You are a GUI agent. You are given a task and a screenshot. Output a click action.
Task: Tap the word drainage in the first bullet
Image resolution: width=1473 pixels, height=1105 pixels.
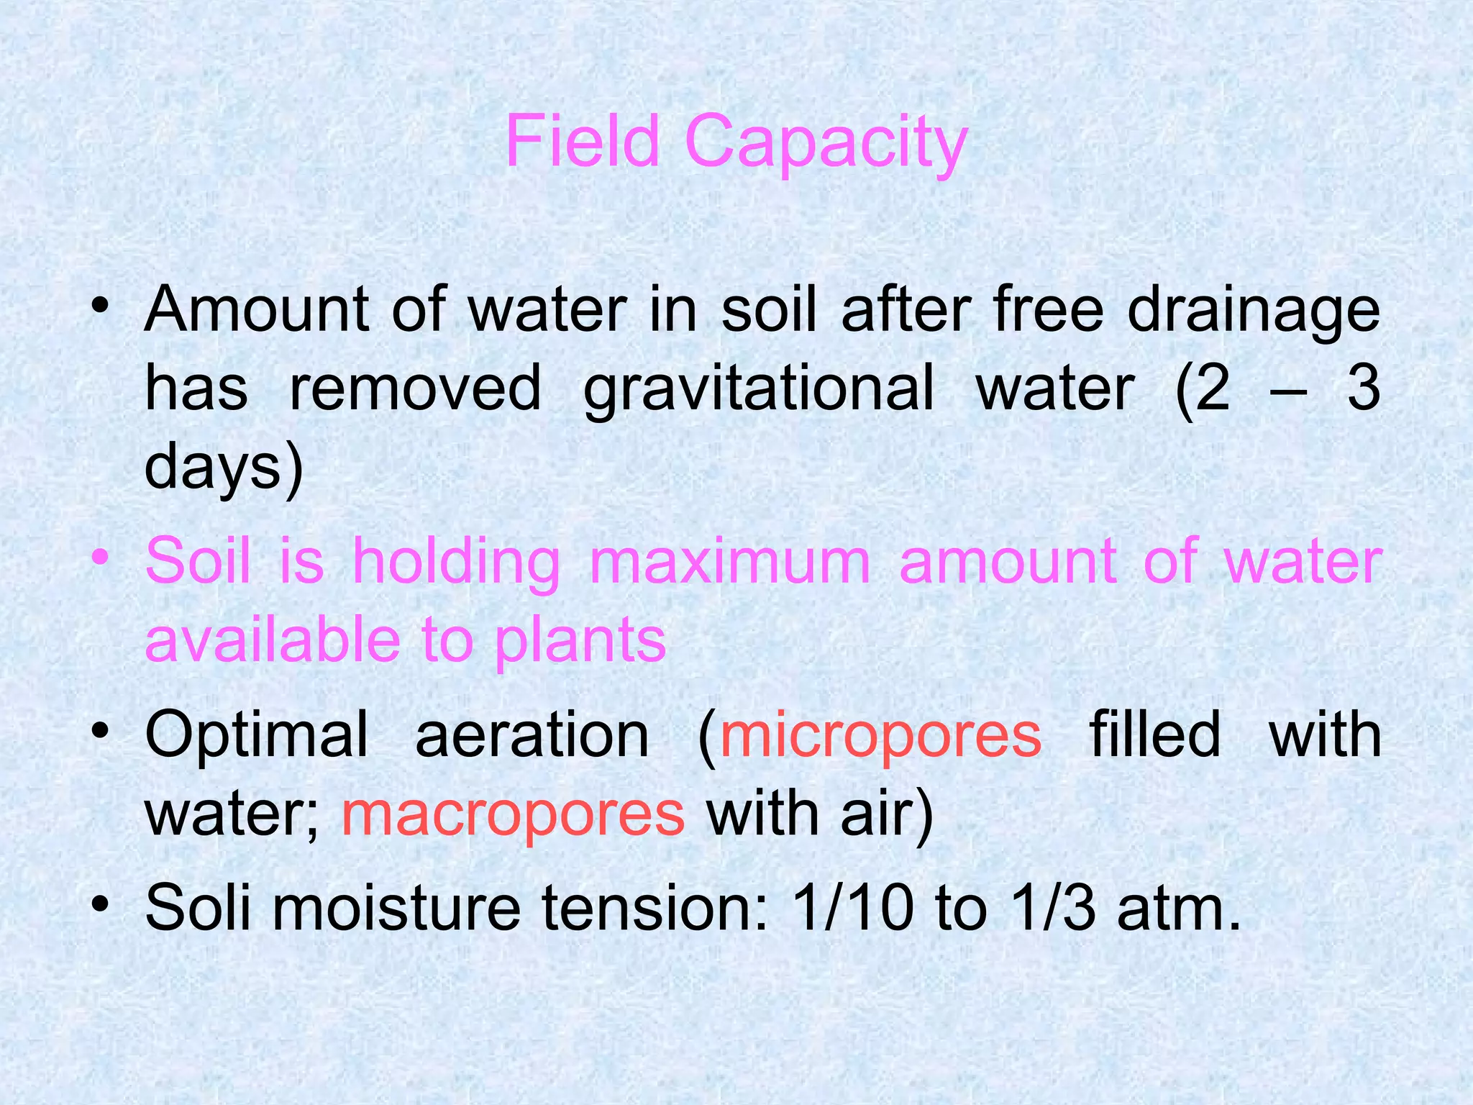pyautogui.click(x=1253, y=311)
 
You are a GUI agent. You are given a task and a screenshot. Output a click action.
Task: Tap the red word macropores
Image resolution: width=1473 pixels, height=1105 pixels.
pyautogui.click(x=513, y=814)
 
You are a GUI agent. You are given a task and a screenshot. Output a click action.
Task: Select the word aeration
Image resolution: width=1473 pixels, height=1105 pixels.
pyautogui.click(x=532, y=735)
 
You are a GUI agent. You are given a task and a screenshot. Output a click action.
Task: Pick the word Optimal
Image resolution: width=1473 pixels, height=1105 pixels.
pyautogui.click(x=257, y=735)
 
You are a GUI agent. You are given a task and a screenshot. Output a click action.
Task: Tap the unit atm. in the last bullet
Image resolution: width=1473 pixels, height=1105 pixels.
pyautogui.click(x=1180, y=908)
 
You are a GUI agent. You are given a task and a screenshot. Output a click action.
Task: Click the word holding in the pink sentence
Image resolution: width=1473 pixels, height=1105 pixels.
pyautogui.click(x=456, y=563)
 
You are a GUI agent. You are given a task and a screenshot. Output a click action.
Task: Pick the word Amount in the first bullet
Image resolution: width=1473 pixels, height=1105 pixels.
pyautogui.click(x=257, y=311)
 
